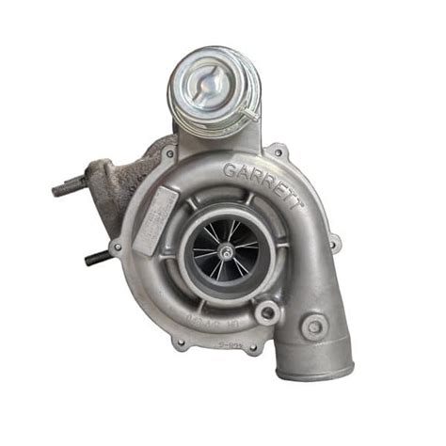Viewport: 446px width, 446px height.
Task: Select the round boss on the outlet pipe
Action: point(315,327)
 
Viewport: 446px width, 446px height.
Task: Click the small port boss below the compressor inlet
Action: point(266,313)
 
